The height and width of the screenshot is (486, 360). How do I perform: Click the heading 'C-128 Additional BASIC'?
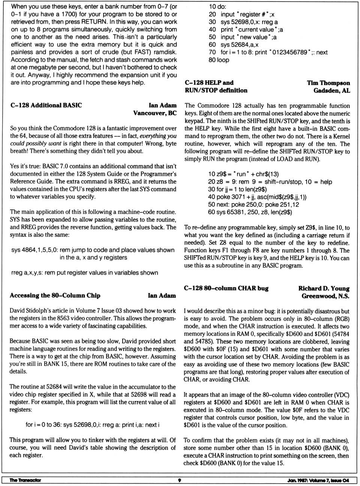46,105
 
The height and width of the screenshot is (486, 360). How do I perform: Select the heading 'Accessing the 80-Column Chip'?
55,295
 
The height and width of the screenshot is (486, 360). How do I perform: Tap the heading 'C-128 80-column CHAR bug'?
226,288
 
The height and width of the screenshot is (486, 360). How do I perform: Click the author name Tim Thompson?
328,83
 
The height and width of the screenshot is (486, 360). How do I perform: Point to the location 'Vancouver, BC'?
154,113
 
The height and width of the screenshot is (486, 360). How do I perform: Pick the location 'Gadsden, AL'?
331,90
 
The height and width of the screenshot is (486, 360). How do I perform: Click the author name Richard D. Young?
324,288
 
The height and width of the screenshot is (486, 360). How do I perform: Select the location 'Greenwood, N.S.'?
325,296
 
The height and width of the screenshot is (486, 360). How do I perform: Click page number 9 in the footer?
180,480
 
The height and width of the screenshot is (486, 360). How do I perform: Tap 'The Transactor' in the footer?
25,480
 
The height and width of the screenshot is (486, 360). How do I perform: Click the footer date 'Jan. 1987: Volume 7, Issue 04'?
315,480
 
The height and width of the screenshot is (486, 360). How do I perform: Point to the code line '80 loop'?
219,60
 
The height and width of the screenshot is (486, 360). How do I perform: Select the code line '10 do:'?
217,7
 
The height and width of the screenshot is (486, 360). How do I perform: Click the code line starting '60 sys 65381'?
250,212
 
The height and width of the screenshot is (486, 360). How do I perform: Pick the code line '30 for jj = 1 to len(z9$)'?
237,189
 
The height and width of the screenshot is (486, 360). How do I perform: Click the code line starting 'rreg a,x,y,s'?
84,273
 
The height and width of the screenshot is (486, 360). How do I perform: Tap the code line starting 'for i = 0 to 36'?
92,425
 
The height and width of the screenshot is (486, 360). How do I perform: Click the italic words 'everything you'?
157,136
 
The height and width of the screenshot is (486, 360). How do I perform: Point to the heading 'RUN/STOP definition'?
216,90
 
